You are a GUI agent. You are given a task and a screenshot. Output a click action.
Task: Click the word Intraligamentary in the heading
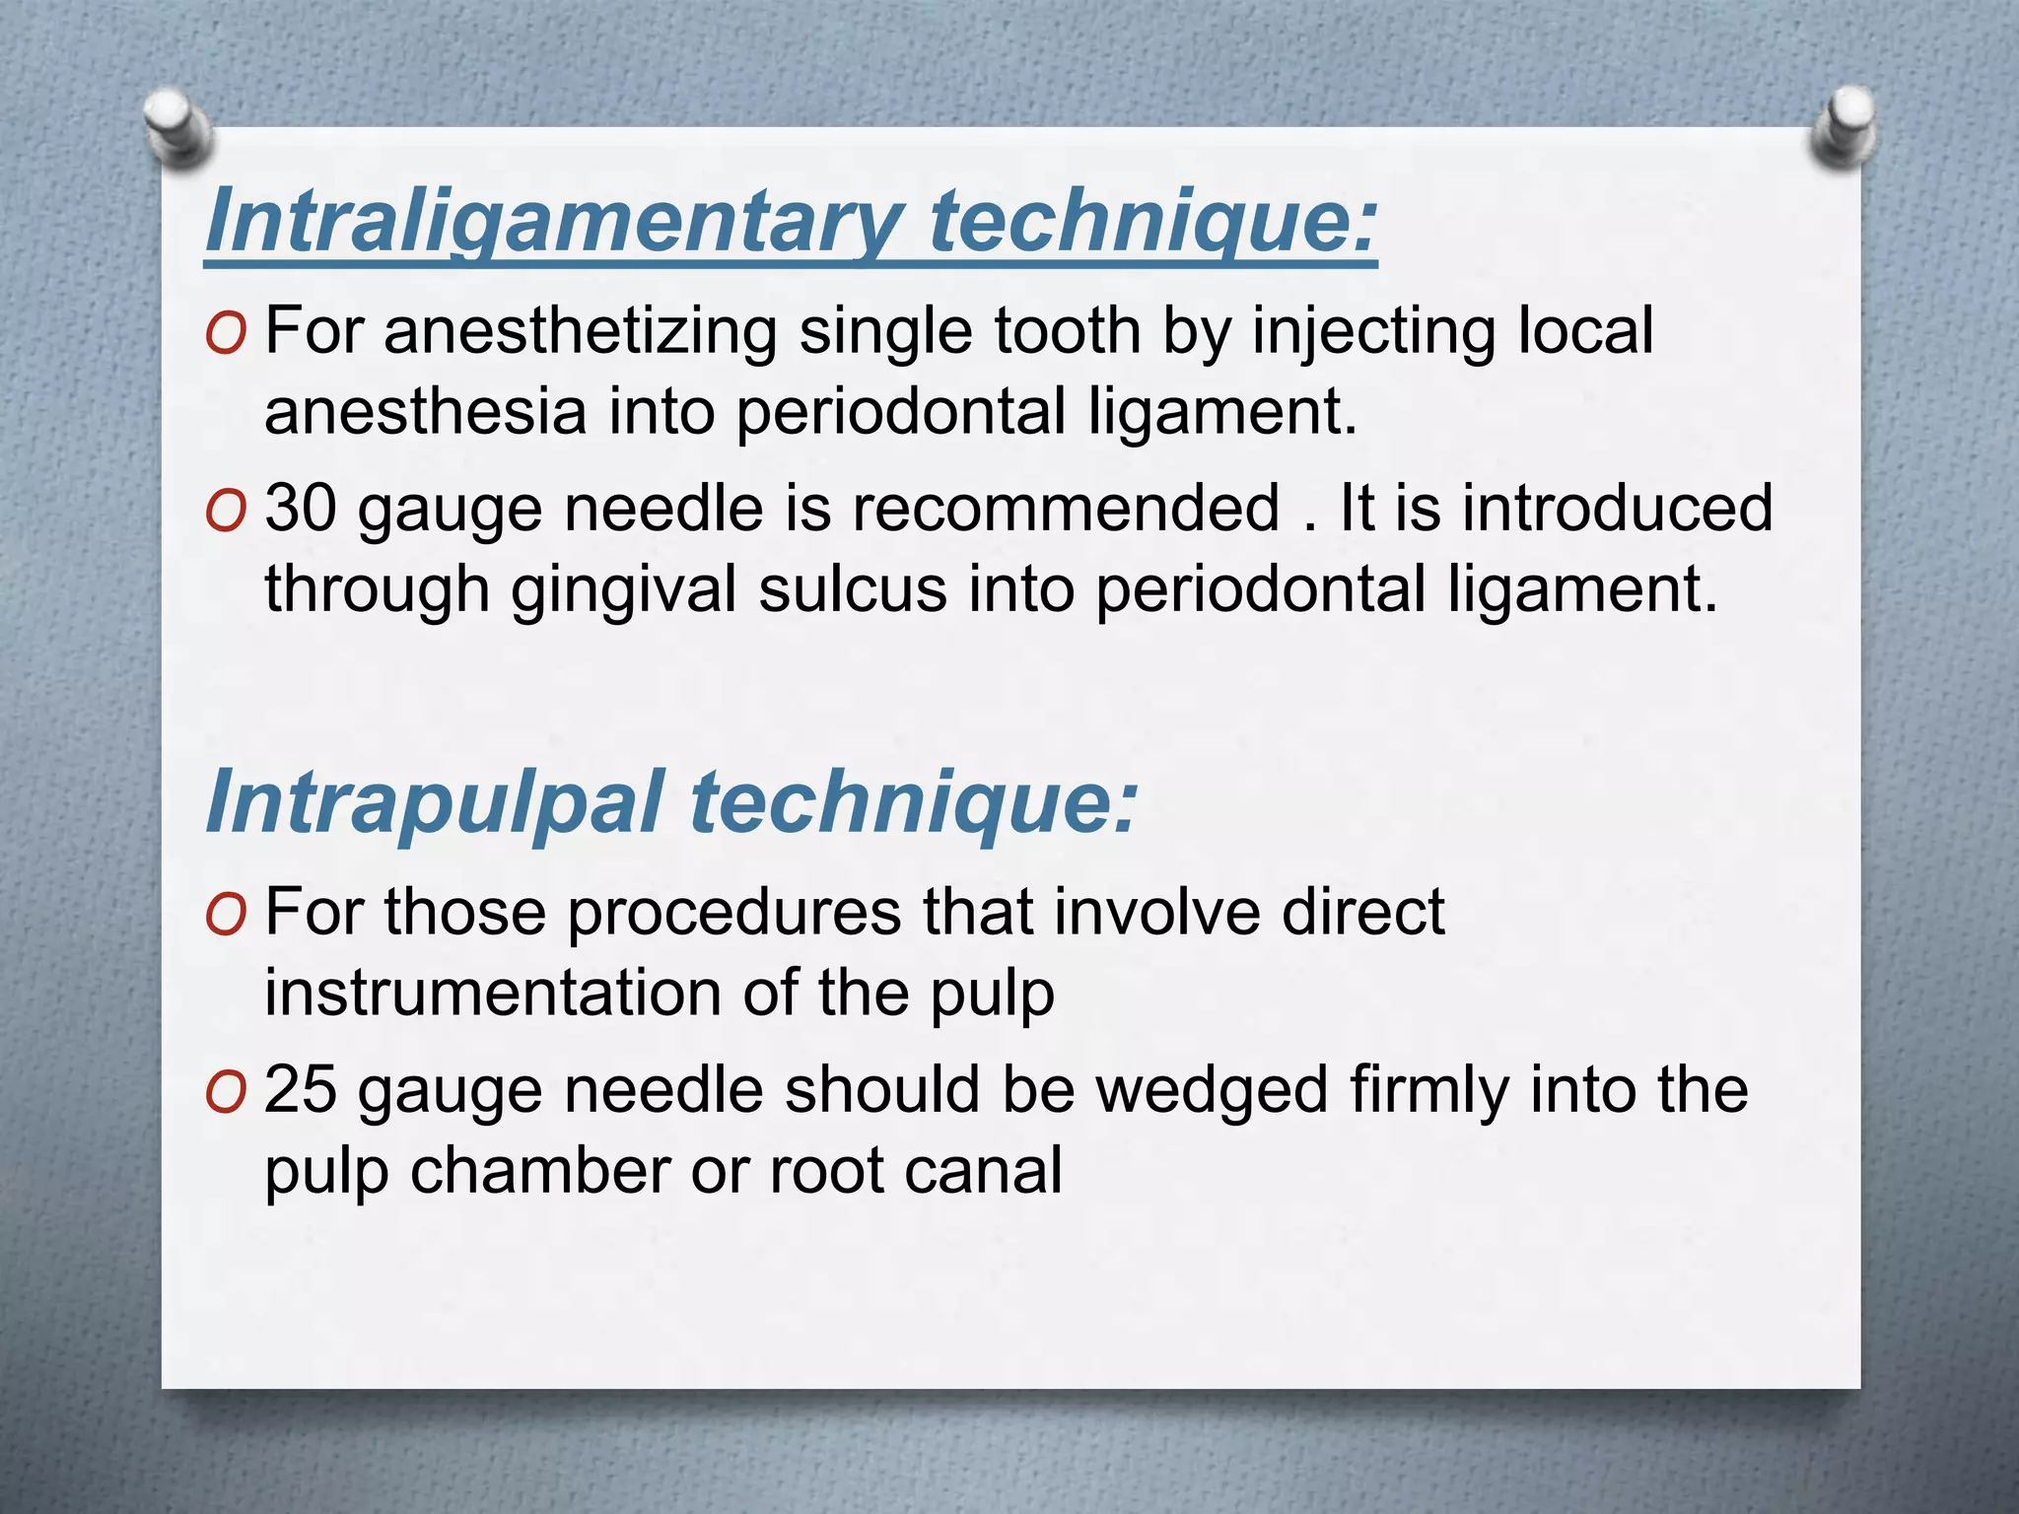(551, 223)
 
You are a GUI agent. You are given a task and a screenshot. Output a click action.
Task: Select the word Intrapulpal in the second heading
(433, 802)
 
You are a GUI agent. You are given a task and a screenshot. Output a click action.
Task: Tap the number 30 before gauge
(301, 510)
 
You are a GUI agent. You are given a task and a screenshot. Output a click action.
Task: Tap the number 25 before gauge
(301, 1090)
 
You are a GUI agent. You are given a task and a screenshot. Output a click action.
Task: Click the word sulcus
(852, 589)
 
